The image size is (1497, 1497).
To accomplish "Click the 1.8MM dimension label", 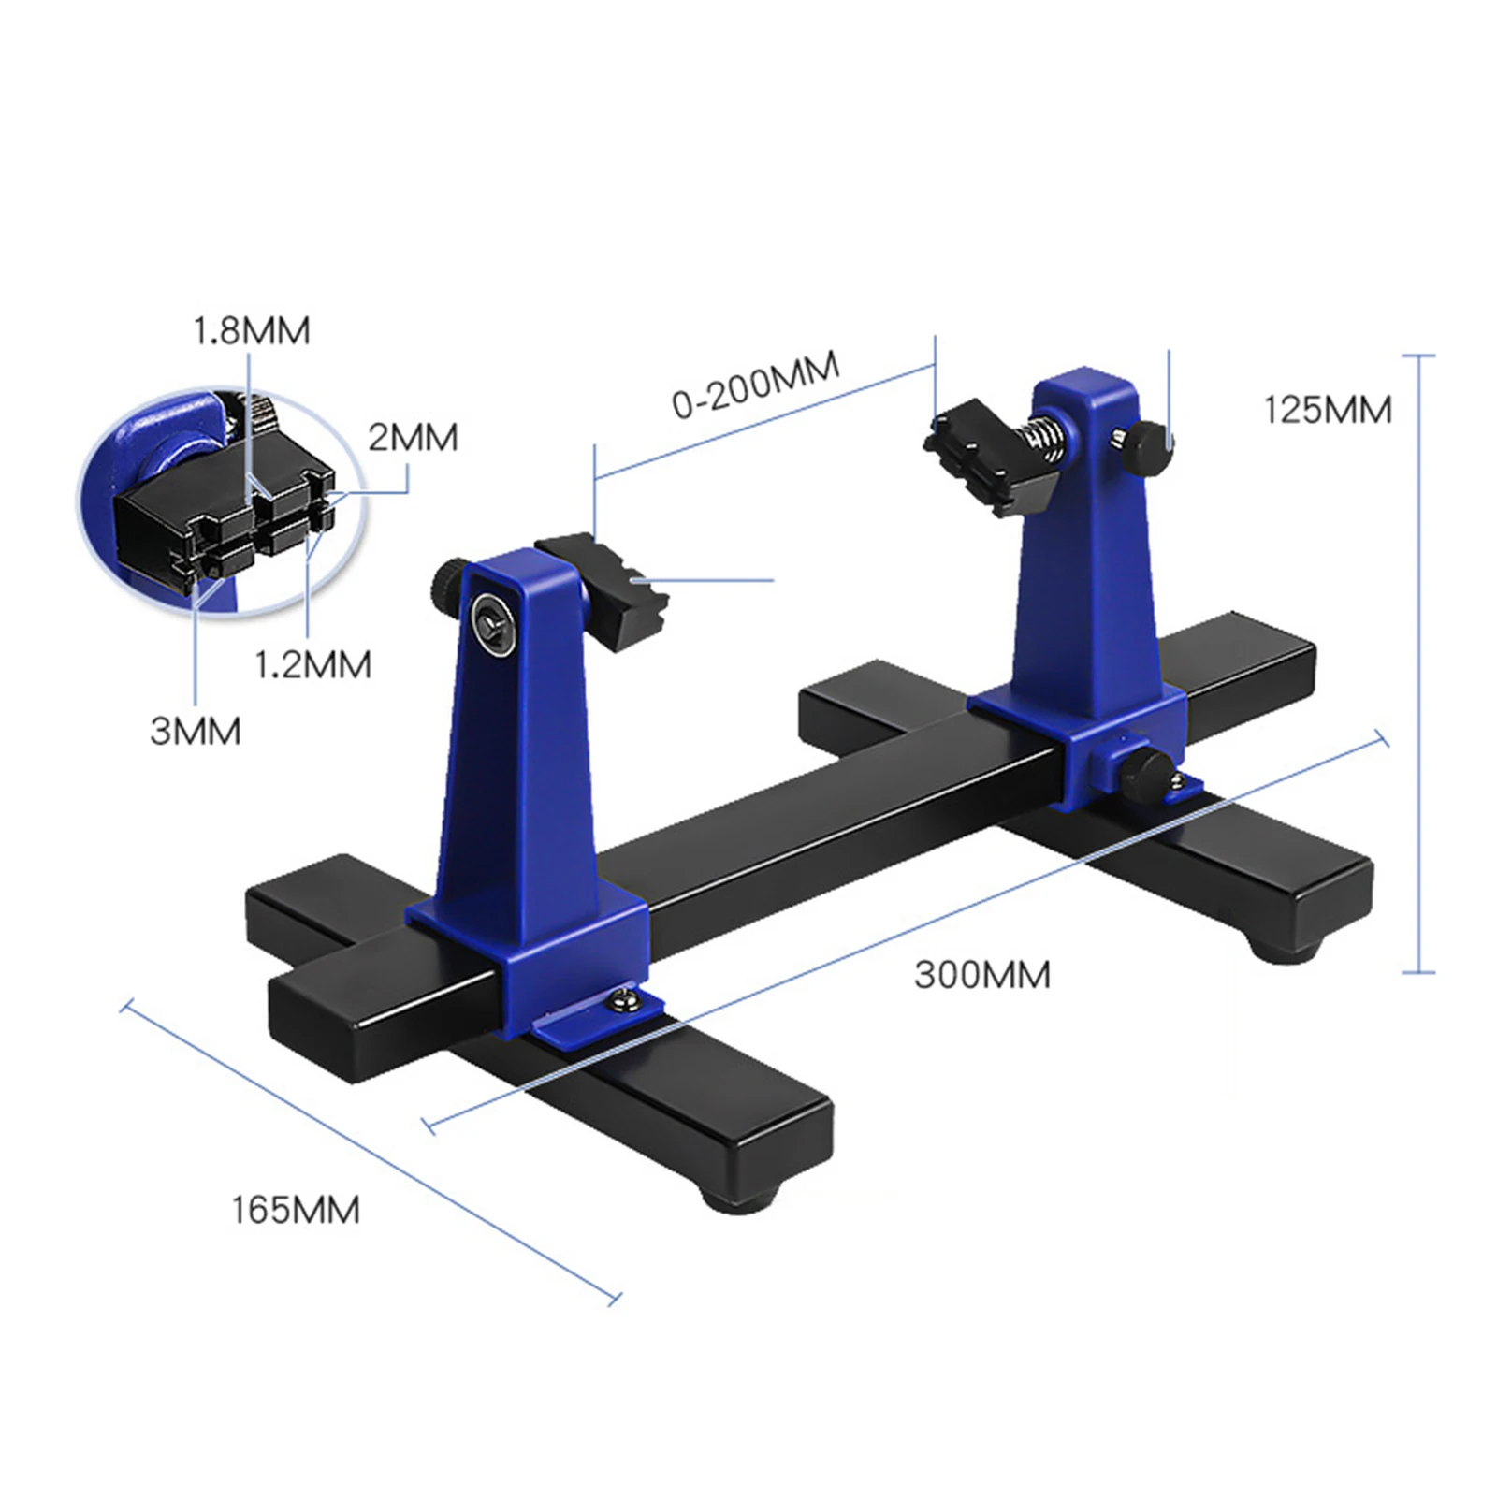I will point(251,331).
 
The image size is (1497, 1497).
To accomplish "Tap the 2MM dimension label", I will point(413,438).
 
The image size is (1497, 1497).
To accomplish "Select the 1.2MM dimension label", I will point(313,664).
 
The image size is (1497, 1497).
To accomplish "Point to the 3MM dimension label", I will point(196,731).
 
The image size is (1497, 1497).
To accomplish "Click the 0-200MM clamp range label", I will point(756,385).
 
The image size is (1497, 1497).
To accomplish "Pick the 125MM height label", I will point(1328,410).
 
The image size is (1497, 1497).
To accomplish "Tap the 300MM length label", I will point(982,975).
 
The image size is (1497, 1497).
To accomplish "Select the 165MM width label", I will point(296,1210).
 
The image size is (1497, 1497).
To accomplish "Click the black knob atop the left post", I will point(449,580).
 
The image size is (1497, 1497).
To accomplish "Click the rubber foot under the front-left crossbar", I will point(739,1197).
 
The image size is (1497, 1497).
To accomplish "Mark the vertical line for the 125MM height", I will point(1419,664).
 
